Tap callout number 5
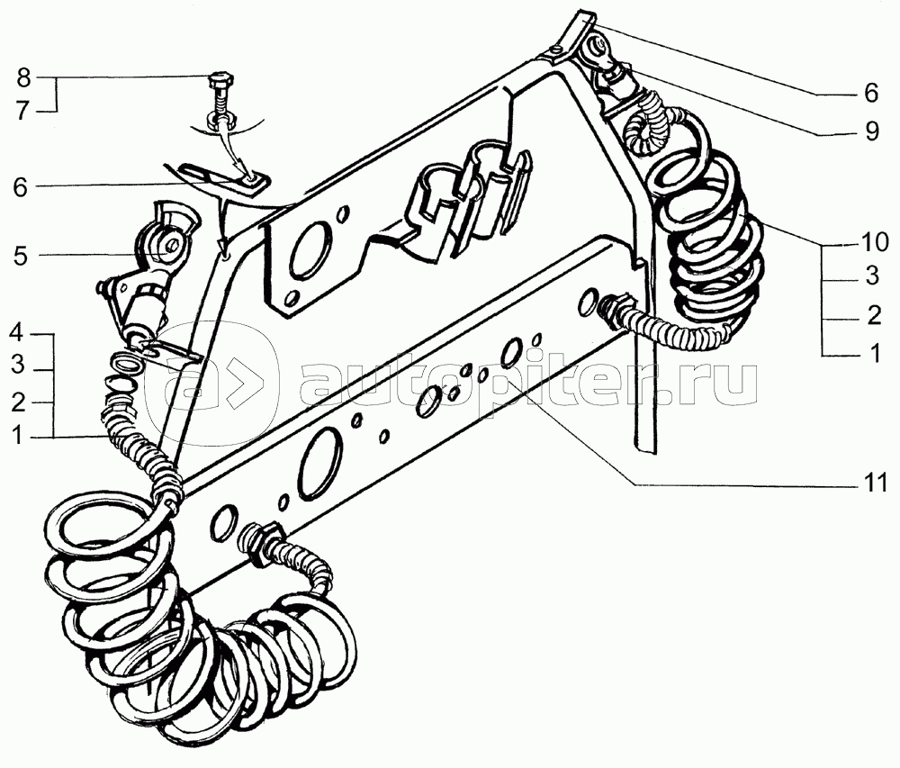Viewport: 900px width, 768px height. point(22,256)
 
